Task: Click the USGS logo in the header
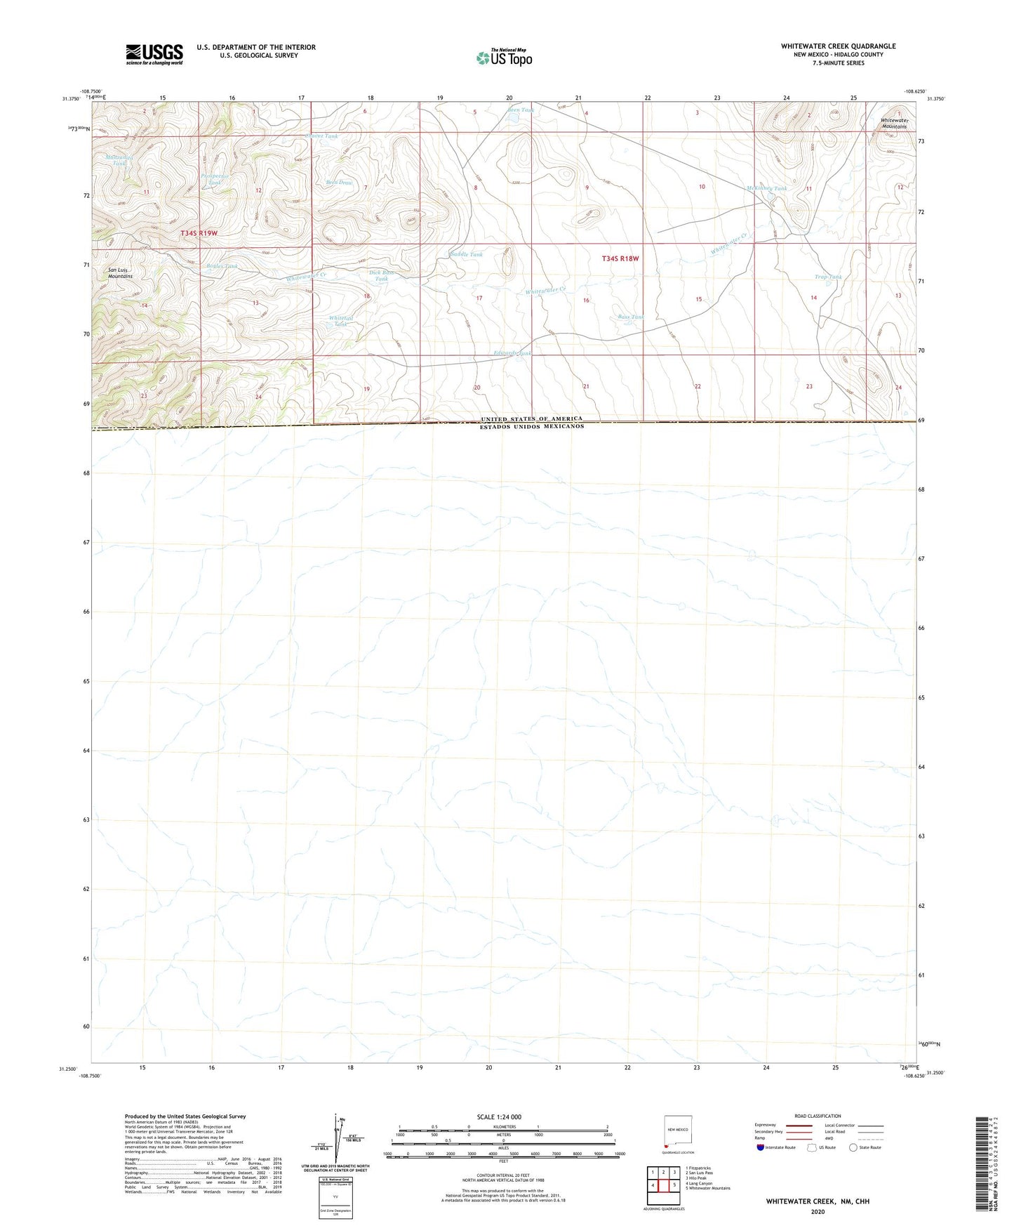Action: tap(154, 54)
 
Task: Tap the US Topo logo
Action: tap(504, 58)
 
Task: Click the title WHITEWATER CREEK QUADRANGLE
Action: tap(838, 46)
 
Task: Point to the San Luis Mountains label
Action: tap(120, 273)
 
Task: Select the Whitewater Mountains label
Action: tap(893, 124)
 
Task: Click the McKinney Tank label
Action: tap(766, 188)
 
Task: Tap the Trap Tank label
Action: tap(828, 277)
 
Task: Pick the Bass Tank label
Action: tap(630, 317)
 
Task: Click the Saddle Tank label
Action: tap(467, 254)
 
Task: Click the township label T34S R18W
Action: tap(620, 258)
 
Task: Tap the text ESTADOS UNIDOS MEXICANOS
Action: tap(531, 426)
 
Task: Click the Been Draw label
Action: tap(339, 183)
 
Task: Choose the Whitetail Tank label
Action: tap(341, 321)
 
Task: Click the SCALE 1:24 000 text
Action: tap(498, 1117)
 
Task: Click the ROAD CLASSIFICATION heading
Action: tap(818, 1116)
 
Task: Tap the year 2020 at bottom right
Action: tap(817, 1211)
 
